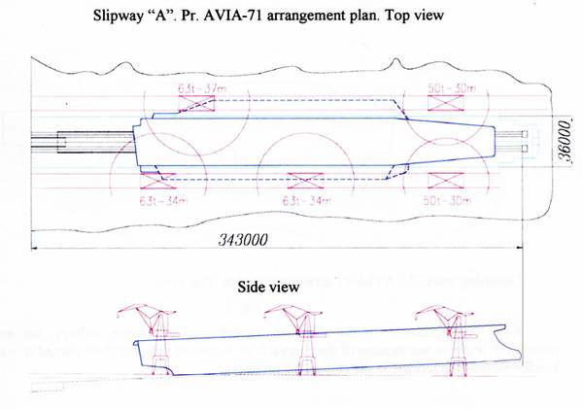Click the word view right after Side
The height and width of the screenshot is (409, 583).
coord(290,289)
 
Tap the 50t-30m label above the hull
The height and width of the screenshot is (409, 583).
coord(448,88)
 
